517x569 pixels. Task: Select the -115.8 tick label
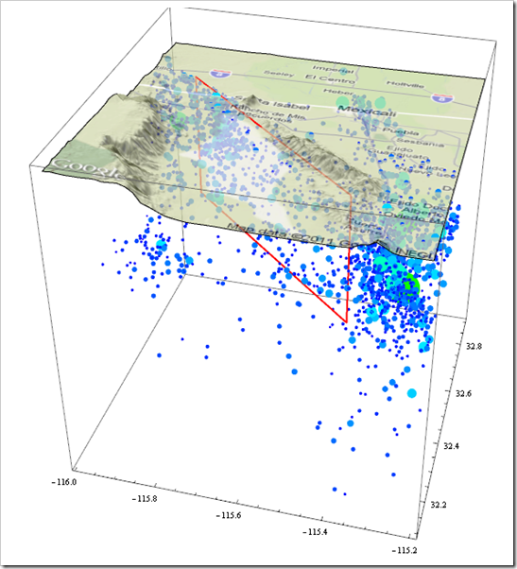coord(146,498)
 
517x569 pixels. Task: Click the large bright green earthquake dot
coord(406,282)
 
